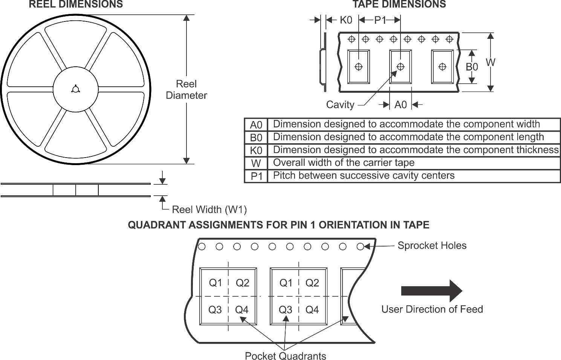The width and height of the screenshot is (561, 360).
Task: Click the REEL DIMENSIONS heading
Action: tap(76, 5)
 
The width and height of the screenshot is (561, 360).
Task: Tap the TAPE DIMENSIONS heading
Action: tap(399, 5)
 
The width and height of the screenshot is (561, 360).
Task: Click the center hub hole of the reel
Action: tap(75, 89)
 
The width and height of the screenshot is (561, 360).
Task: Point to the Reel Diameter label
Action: tap(186, 90)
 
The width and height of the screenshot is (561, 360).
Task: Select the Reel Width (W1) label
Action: tap(209, 210)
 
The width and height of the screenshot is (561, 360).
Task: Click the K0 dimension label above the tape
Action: tap(346, 20)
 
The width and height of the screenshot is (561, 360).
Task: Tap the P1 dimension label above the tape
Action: tap(380, 20)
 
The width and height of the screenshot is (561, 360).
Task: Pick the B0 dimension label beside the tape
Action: tap(472, 67)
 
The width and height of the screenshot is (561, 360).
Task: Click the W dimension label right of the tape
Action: tap(490, 62)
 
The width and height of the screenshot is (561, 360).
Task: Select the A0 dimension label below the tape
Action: tap(400, 105)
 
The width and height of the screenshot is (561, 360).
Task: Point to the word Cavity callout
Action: tap(340, 105)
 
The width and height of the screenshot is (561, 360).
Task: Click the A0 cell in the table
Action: tap(256, 125)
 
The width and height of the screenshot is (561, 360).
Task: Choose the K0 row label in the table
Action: tap(256, 150)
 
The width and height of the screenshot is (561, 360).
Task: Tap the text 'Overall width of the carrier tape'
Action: tap(344, 163)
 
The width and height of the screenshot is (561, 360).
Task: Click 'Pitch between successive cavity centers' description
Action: tap(364, 176)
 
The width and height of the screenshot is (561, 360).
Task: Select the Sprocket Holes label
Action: tap(432, 246)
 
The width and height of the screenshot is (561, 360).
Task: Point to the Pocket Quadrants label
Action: tap(285, 356)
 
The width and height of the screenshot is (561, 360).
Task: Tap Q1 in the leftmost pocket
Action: tap(216, 283)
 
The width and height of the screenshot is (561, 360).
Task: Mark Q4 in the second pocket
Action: tap(312, 310)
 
